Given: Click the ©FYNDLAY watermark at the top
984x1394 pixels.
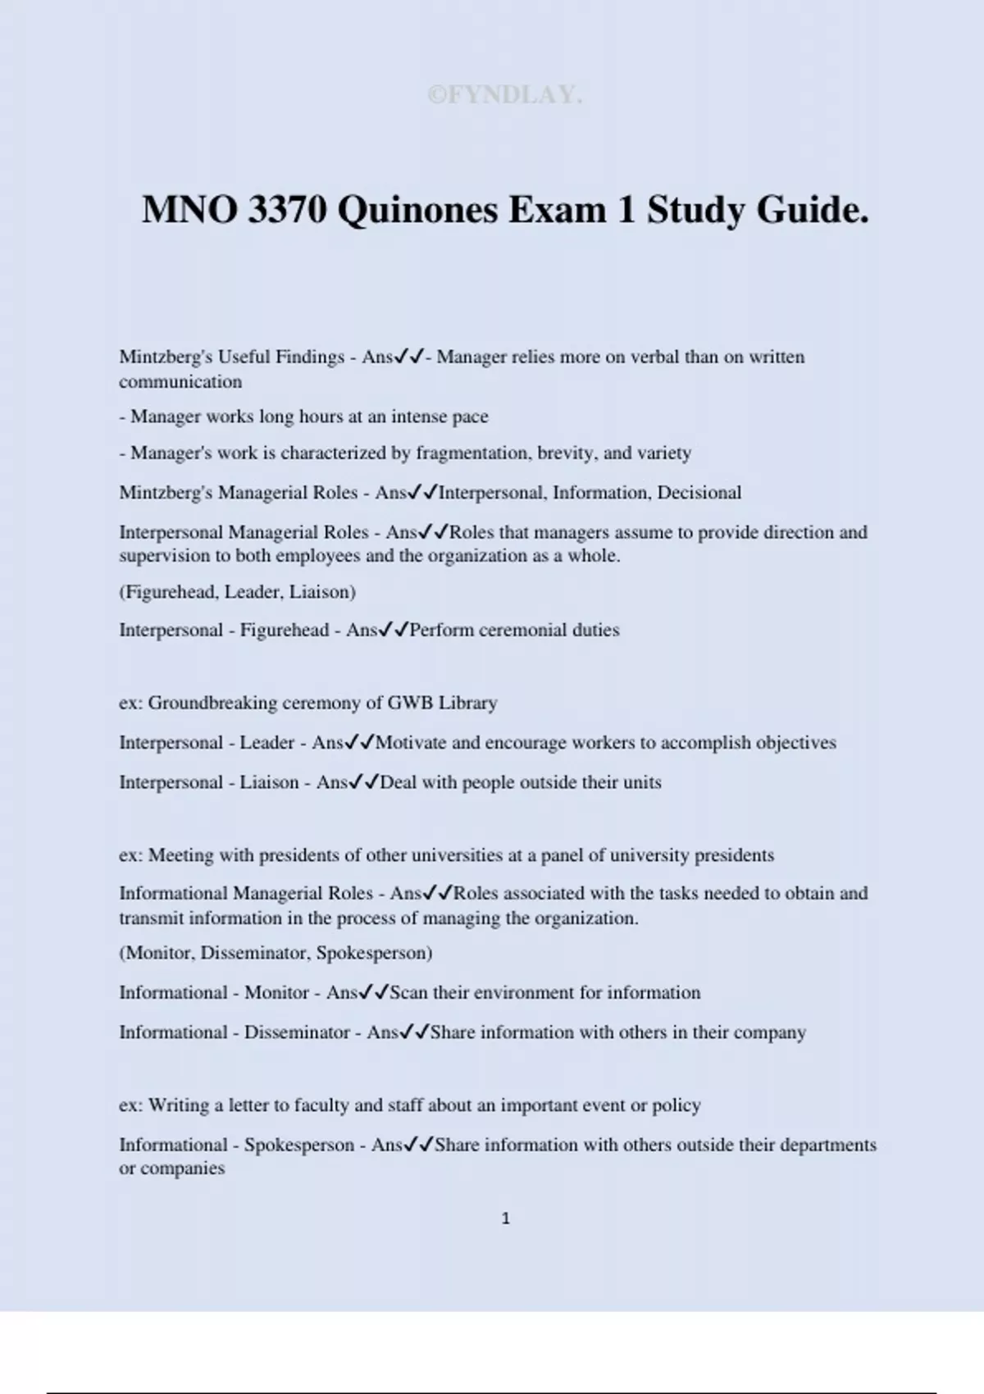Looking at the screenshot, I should [505, 95].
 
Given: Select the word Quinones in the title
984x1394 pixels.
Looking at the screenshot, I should [417, 210].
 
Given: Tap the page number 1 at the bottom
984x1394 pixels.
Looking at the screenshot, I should [505, 1219].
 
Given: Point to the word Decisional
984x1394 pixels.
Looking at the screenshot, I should [699, 493].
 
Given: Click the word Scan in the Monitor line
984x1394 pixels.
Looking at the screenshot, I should [408, 993].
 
